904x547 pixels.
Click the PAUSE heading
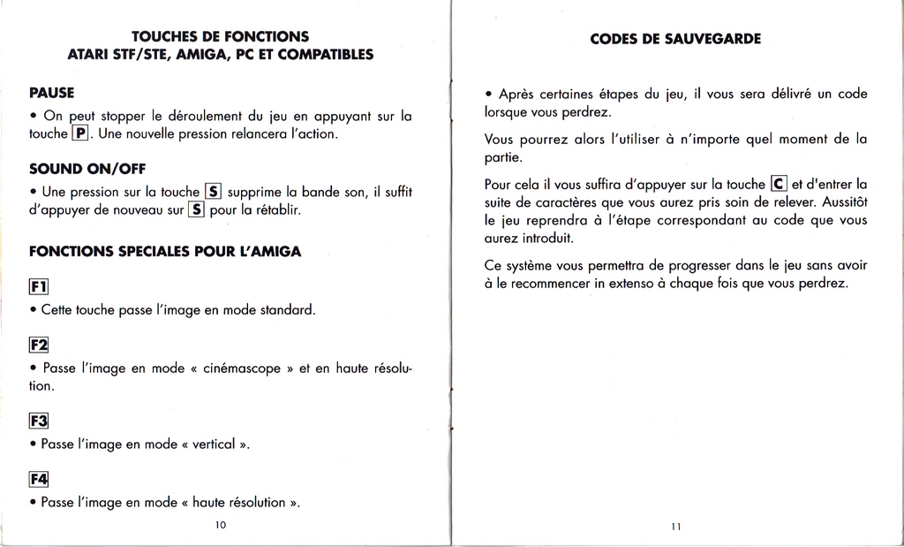51,92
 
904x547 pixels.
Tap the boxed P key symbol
80,133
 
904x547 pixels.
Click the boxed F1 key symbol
38,285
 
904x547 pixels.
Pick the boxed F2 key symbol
38,344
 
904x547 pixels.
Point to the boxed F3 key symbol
38,420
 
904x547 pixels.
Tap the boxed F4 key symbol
38,478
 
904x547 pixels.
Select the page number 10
221,525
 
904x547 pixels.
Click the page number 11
675,526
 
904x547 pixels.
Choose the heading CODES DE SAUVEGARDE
675,39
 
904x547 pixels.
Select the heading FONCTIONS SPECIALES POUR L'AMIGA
165,251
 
